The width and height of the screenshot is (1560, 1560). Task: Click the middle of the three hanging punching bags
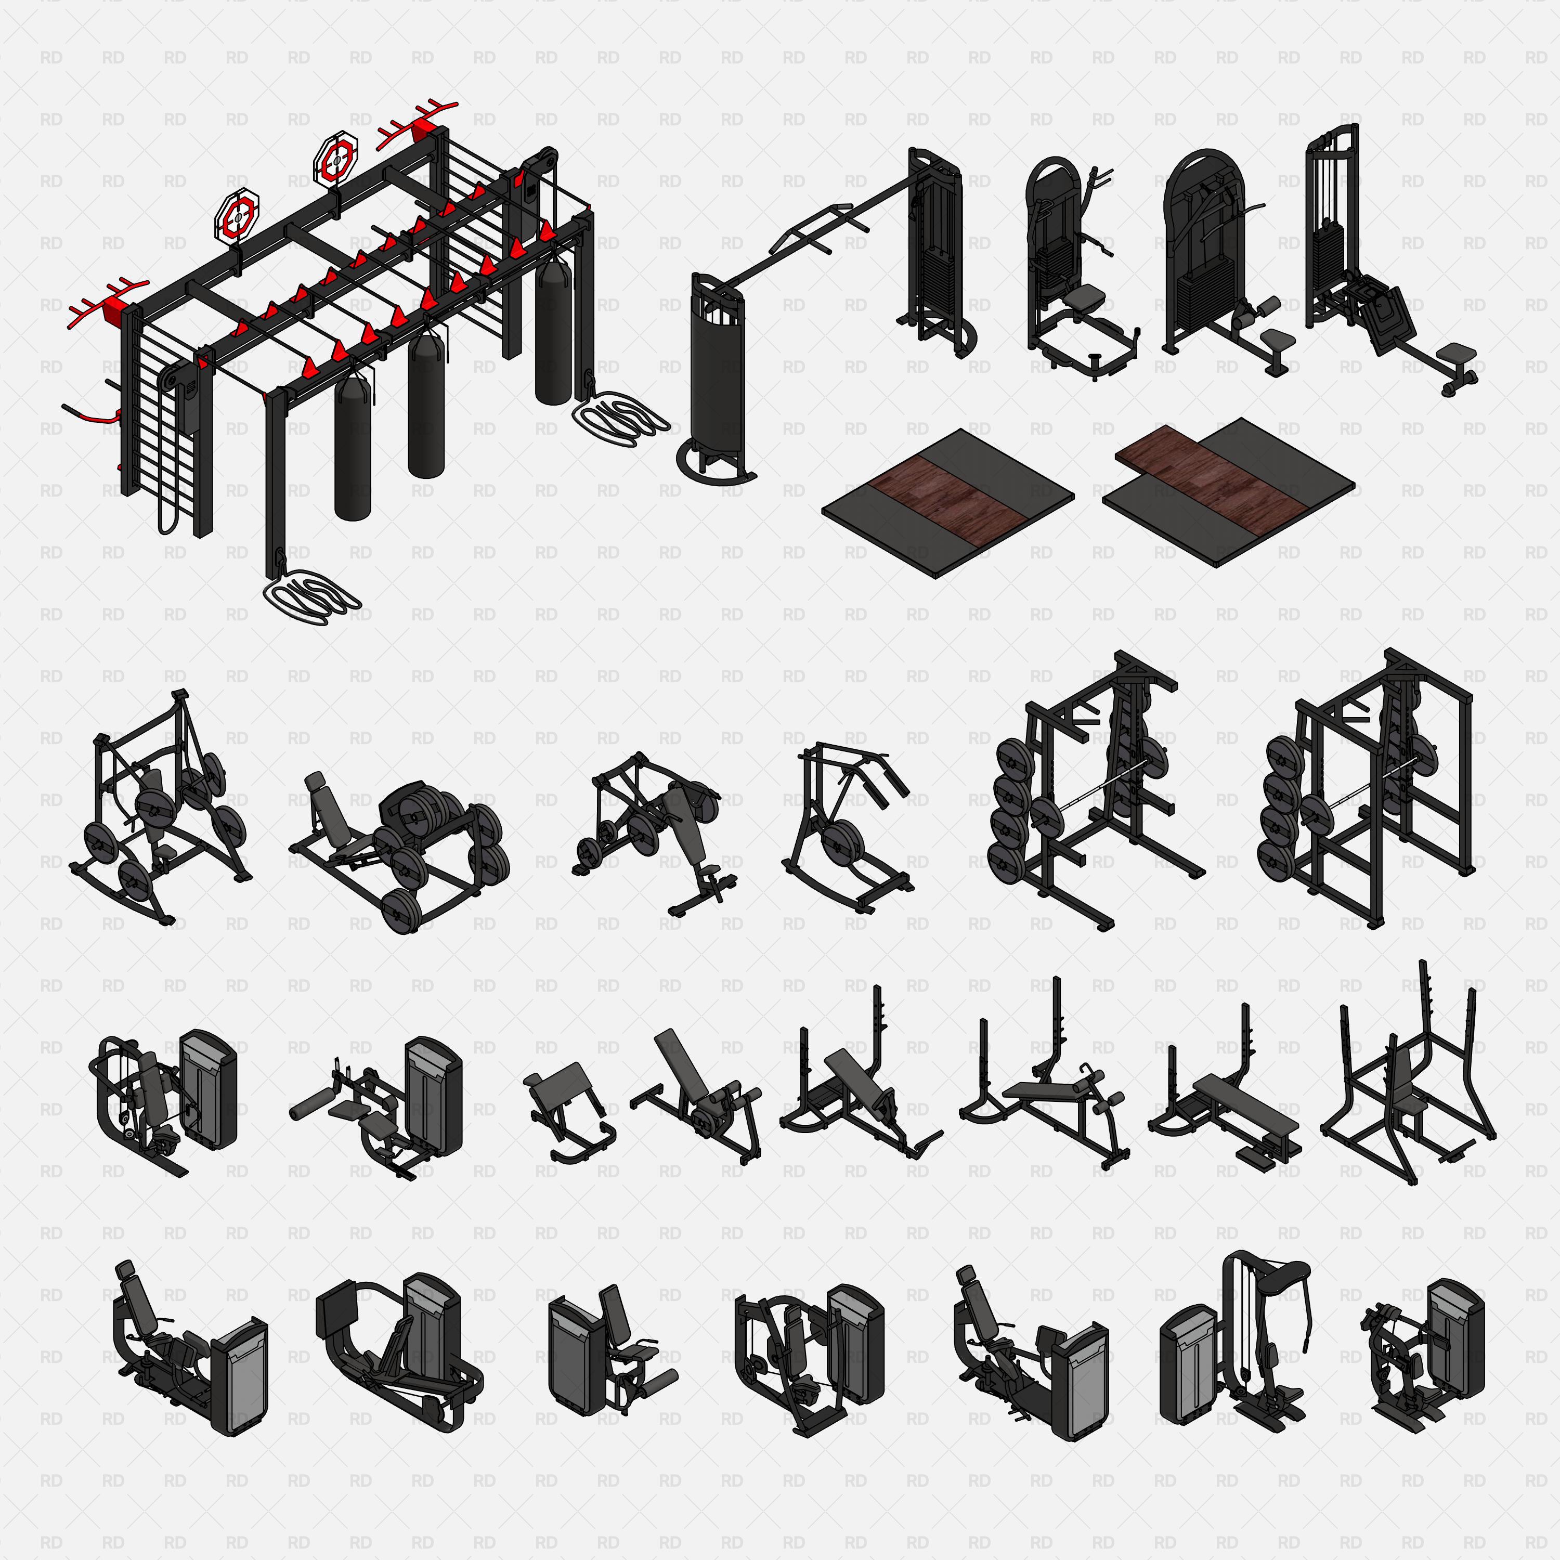point(425,404)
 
